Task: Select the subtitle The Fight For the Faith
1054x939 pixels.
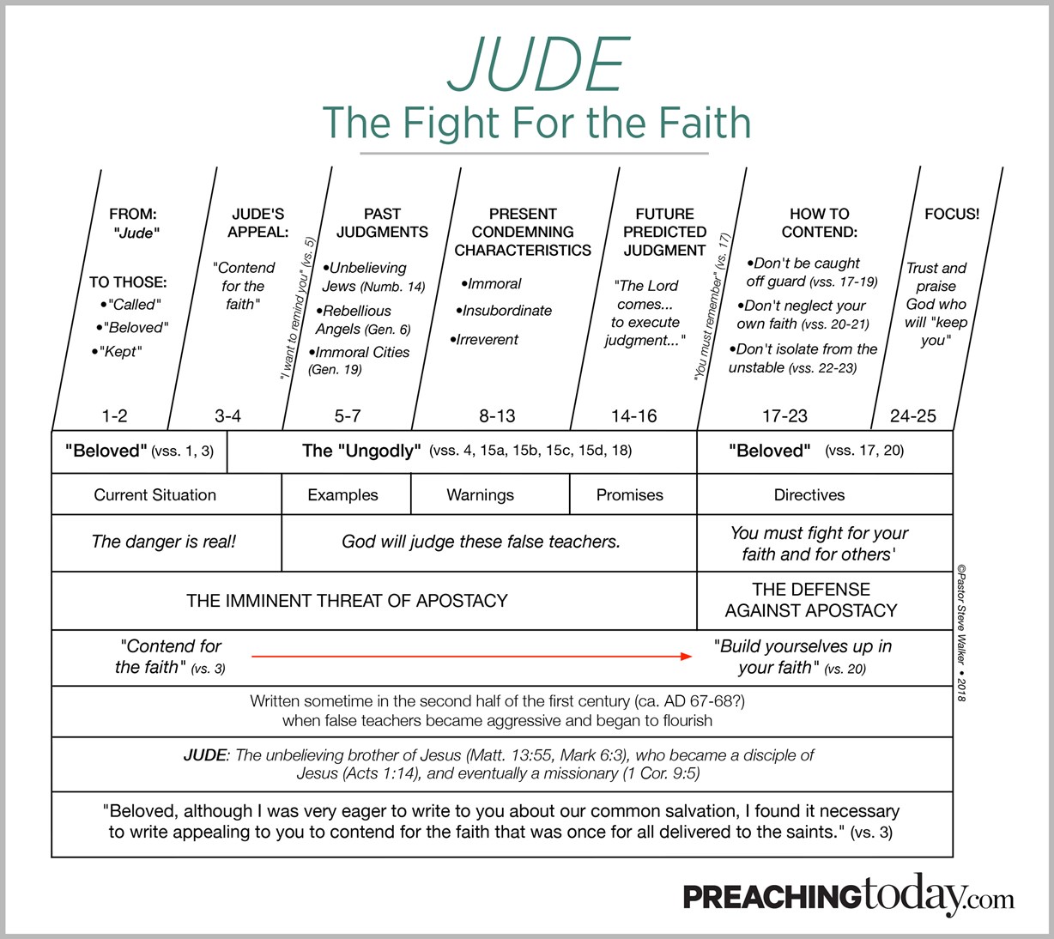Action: pos(536,123)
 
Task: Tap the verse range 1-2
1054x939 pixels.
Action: pos(114,416)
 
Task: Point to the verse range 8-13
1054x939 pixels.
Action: pos(497,416)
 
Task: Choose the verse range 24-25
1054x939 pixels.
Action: pos(912,416)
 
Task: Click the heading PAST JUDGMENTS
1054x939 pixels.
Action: pos(382,222)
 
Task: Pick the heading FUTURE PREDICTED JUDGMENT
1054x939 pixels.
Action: pos(664,232)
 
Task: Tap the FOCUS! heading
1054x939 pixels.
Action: pos(952,214)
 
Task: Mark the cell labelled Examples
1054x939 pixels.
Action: pos(342,495)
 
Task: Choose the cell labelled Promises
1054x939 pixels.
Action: pos(630,495)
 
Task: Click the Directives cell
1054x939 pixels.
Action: pos(809,495)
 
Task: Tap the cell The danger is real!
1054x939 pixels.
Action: pos(163,542)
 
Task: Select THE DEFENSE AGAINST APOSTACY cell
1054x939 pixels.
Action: pos(811,600)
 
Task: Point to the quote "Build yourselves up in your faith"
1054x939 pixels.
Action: pos(803,657)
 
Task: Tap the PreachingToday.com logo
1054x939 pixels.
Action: pos(848,897)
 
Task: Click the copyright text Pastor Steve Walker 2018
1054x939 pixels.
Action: pos(961,632)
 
